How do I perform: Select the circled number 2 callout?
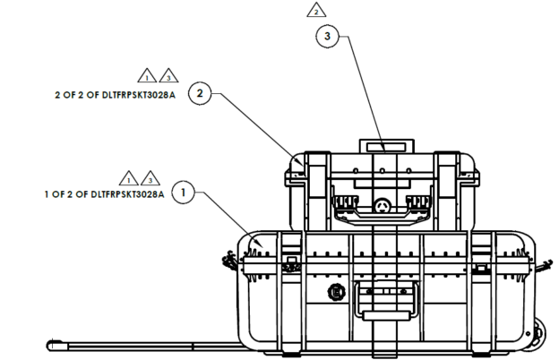(201, 92)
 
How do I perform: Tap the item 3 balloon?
(328, 37)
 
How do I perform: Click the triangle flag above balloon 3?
(315, 11)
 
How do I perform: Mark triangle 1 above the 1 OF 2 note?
(130, 176)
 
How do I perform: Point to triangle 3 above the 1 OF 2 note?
(150, 176)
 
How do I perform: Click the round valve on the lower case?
(338, 292)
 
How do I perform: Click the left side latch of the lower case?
(229, 262)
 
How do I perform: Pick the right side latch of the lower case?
(543, 261)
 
